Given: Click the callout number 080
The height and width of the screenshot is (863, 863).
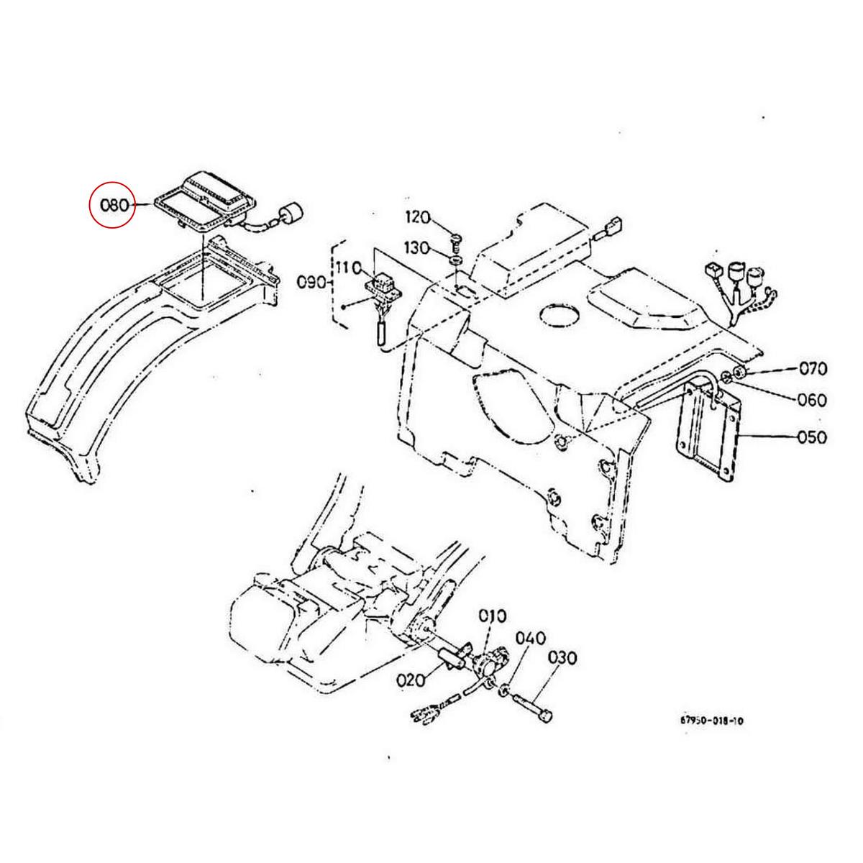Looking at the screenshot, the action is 114,205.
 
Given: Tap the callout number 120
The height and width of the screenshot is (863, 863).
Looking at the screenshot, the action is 418,216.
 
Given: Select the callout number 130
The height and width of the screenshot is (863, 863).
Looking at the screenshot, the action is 418,247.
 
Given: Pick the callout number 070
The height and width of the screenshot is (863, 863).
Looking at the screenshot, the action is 813,370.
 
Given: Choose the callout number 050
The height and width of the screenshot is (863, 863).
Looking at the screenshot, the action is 813,437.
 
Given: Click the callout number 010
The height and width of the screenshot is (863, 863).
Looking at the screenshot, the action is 494,616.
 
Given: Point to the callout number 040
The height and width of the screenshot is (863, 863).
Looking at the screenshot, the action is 530,638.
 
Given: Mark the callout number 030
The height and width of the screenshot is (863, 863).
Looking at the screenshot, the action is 562,657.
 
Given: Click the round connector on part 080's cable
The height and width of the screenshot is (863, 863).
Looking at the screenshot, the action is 291,214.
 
